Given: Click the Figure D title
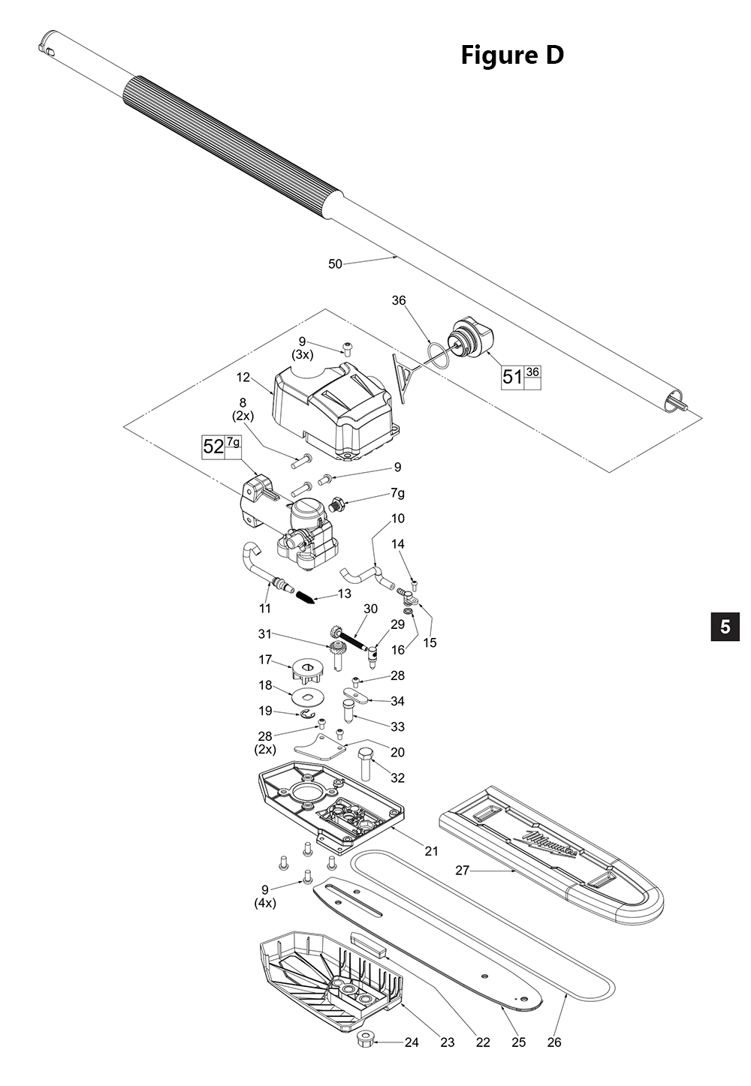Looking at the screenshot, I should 511,55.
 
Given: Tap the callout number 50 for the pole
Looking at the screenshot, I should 335,263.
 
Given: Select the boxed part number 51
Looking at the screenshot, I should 512,376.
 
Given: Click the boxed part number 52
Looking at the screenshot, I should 213,447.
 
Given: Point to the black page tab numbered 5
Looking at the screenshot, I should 725,626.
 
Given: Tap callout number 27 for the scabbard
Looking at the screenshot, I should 462,870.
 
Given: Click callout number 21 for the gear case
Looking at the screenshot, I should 431,850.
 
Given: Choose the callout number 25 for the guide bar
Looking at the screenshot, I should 518,1042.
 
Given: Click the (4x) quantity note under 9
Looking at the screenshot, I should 265,903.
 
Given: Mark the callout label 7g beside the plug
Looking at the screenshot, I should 397,493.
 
